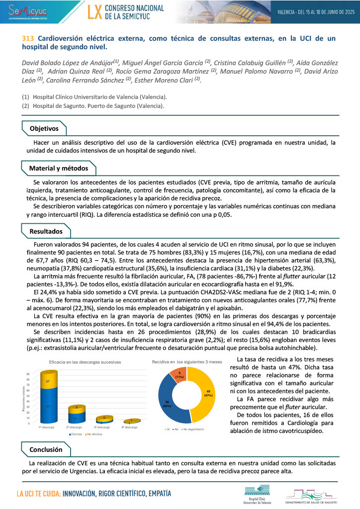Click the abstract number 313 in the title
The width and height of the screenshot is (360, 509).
point(28,38)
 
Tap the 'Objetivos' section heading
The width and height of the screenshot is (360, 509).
point(44,129)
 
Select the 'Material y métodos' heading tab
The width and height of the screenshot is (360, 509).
point(58,169)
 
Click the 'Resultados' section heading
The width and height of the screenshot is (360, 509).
point(46,231)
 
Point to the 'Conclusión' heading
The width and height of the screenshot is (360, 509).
point(46,449)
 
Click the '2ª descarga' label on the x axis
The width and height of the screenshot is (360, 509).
point(75,427)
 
